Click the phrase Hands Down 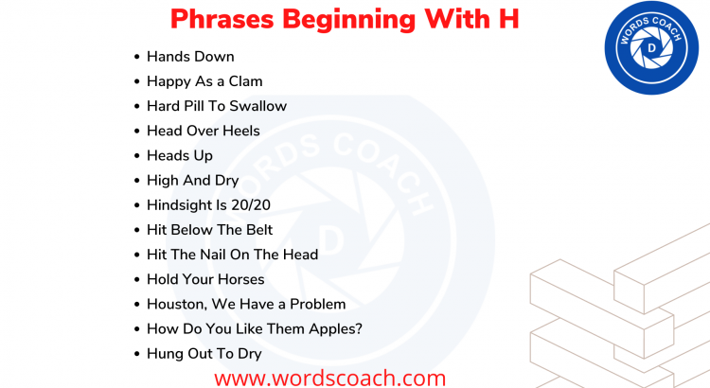190,57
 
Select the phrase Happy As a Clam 204,81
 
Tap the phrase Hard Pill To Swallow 217,106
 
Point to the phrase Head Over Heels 203,131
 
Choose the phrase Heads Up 180,155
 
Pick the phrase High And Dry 192,180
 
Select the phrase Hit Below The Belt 209,229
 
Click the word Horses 240,279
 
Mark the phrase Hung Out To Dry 204,353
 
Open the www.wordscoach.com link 329,378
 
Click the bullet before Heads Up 138,155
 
